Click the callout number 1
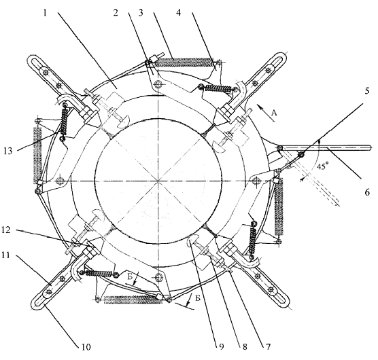[45, 12]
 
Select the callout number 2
[116, 12]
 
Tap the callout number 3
[141, 12]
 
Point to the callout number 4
[178, 12]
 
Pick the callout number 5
[366, 91]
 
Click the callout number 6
[367, 192]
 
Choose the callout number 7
[268, 347]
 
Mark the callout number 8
[245, 347]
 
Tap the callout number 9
[221, 347]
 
